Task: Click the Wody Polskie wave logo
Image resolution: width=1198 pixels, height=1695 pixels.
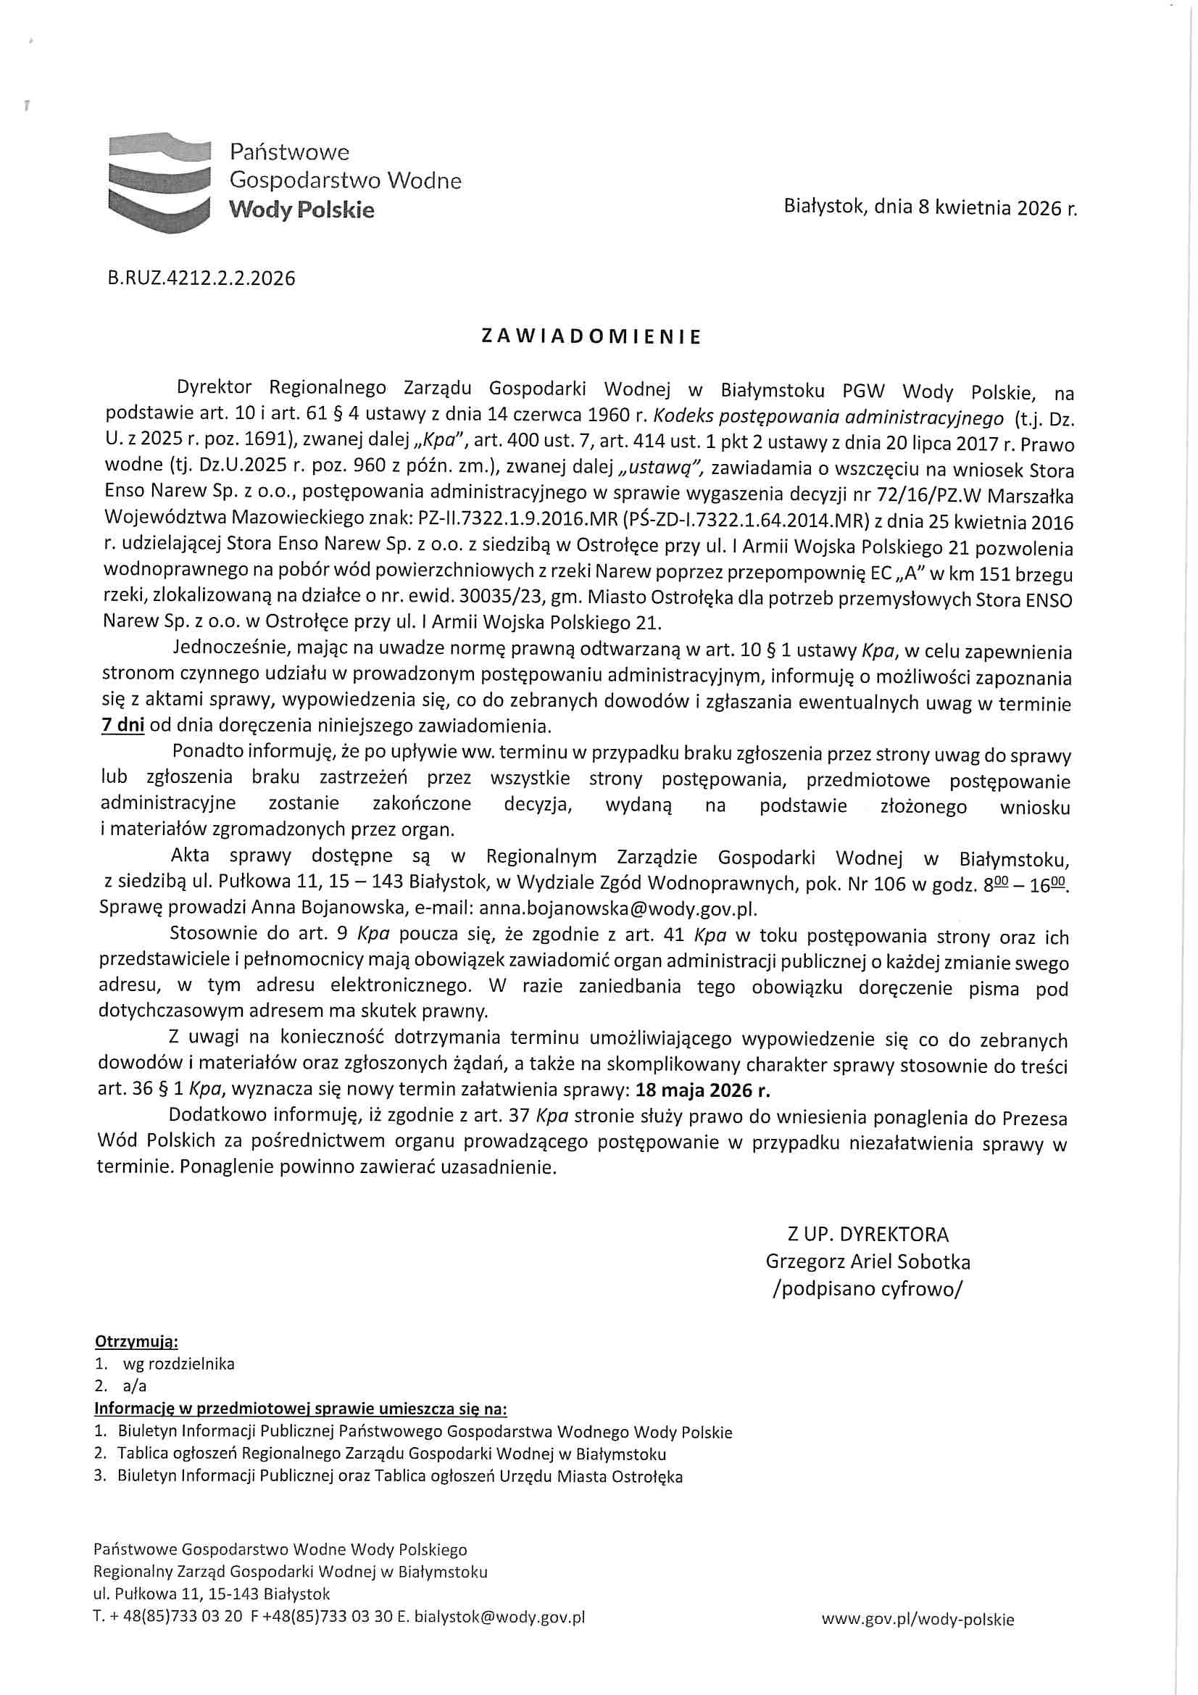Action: [x=159, y=181]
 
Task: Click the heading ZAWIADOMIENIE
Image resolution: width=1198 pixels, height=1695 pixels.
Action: [x=591, y=337]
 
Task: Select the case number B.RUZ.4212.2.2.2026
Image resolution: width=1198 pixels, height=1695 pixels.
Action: [x=201, y=278]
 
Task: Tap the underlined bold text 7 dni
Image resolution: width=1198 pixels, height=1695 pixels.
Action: [x=122, y=725]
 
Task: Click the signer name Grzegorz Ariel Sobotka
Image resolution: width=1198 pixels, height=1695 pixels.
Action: [x=868, y=1261]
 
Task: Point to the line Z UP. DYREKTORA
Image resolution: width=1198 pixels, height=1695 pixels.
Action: [x=868, y=1235]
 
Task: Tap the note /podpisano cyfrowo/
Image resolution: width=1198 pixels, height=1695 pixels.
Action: [x=868, y=1289]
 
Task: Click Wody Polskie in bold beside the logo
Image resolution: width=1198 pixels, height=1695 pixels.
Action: [x=301, y=210]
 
